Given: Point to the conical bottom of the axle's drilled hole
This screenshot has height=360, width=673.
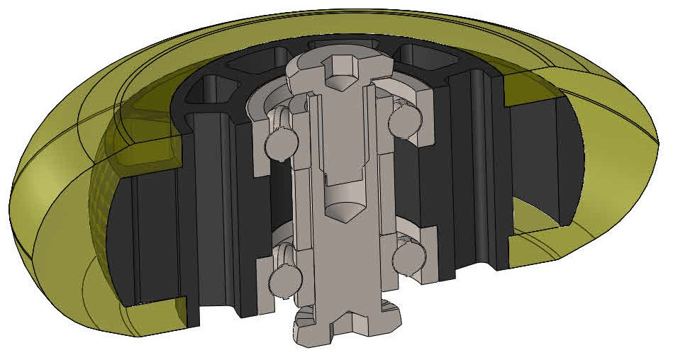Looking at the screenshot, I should (343, 210).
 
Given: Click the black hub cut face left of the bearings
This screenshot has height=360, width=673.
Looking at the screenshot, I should (213, 213).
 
